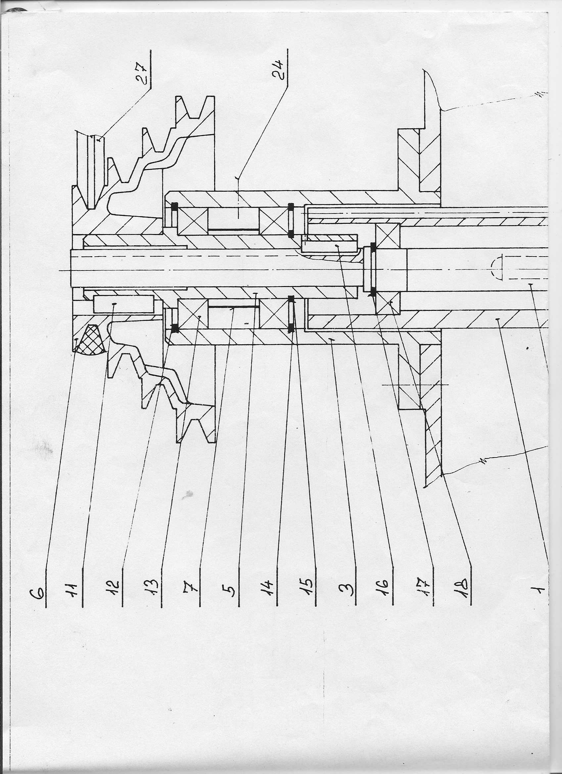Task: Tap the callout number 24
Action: [279, 70]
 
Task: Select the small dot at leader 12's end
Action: [114, 303]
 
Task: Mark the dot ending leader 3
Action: [331, 339]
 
